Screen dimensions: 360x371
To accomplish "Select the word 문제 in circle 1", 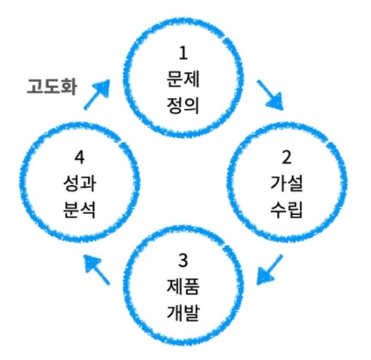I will (184, 79).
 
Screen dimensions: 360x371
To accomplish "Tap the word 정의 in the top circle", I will (184, 105).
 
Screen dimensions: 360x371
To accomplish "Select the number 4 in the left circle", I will (80, 157).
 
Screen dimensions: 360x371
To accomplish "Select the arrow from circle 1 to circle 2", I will (269, 95).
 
